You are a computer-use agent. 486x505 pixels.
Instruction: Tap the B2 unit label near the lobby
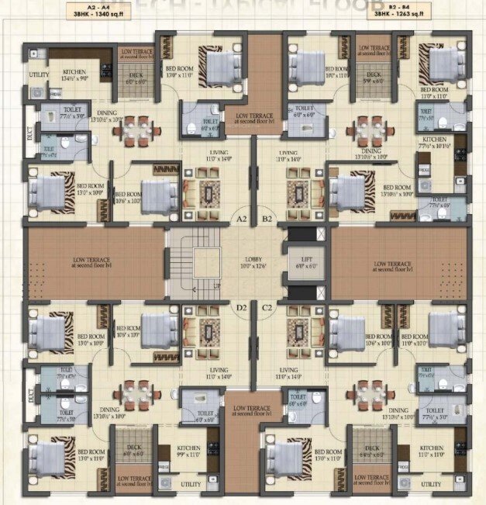coord(266,220)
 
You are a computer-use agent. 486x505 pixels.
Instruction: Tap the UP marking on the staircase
coord(217,287)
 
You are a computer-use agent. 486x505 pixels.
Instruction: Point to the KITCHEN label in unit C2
coord(431,448)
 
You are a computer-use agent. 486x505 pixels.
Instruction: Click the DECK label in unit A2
coord(136,75)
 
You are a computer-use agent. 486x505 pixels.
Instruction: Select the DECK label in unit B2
coord(374,75)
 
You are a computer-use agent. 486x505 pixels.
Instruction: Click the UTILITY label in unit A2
coord(39,75)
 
